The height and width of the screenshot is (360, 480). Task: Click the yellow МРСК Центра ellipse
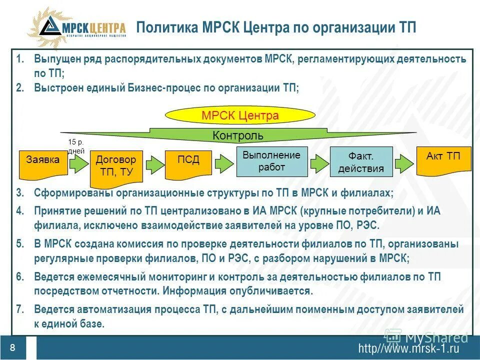coord(239,116)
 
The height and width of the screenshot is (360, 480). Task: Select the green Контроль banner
coord(238,135)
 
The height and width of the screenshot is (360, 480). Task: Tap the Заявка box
coord(43,163)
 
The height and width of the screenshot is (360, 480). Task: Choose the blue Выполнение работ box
coord(271,161)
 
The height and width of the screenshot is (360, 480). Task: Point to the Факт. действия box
coord(361,161)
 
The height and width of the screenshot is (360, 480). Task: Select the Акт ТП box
coord(443,160)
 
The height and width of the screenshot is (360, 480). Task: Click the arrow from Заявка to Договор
coord(78,163)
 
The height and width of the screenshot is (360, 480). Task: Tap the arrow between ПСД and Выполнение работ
coord(222,163)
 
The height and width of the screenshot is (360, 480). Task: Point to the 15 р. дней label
coord(76,146)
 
